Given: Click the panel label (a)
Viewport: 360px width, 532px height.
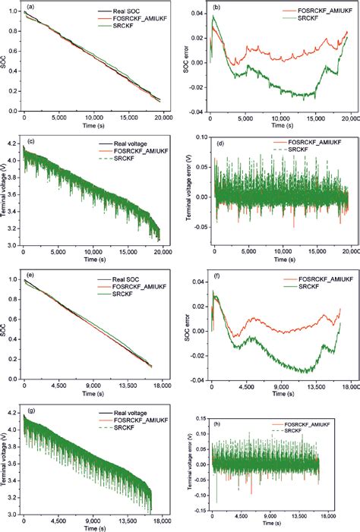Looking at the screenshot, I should tap(30, 7).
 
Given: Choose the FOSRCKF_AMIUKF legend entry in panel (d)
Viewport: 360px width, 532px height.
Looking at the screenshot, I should tap(305, 142).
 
